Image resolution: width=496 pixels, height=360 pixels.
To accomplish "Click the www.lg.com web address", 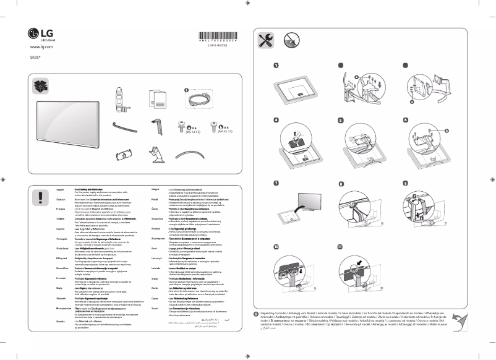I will click(x=40, y=47).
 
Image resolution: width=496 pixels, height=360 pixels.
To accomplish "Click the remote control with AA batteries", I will click(x=121, y=99).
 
